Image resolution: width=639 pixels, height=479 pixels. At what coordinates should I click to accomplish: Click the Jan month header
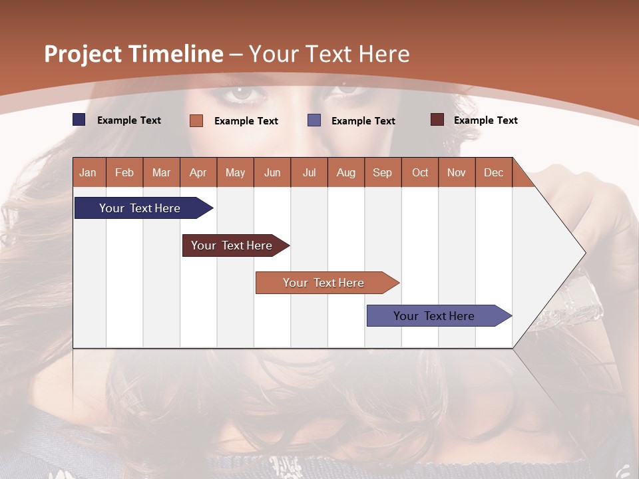click(88, 172)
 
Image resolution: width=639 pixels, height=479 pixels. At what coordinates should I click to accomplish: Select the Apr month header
click(198, 172)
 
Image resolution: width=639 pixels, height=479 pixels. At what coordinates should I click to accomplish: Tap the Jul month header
click(309, 172)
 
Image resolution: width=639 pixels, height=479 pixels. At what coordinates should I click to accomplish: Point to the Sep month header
click(382, 172)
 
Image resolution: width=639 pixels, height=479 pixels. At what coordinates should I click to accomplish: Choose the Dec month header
click(493, 172)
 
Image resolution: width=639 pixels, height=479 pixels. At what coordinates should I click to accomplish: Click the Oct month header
click(420, 172)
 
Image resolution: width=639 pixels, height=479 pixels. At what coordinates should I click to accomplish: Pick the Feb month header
click(124, 172)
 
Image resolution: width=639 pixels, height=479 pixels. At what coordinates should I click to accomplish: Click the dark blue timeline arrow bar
click(140, 208)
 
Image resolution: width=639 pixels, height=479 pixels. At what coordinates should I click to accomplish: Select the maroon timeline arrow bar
click(232, 245)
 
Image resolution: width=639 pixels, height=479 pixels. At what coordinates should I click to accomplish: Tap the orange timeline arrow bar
click(324, 283)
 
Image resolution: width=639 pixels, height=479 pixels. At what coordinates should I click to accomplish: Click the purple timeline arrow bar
click(435, 316)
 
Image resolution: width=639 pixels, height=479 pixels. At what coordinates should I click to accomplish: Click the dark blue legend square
click(79, 120)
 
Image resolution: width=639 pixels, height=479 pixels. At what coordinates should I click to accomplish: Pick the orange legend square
click(196, 120)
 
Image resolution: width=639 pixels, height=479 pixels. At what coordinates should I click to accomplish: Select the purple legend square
click(314, 120)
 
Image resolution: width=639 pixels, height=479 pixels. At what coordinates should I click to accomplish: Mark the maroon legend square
click(437, 120)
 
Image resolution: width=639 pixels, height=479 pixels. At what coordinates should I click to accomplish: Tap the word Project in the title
click(83, 54)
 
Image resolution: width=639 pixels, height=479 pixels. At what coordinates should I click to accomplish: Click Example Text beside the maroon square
click(485, 120)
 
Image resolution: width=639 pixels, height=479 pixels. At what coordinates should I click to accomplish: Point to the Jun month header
click(272, 172)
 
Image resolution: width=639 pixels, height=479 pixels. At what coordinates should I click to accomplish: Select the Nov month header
click(457, 172)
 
